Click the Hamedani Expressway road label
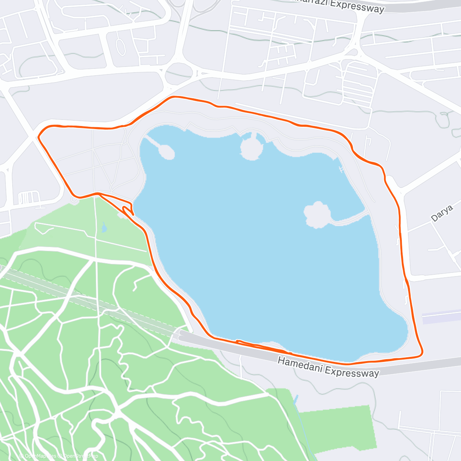(328, 367)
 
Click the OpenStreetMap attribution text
(81, 456)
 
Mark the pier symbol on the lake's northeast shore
(341, 169)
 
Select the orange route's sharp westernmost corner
(39, 136)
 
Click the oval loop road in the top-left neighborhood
(120, 47)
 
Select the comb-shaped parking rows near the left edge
(28, 198)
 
